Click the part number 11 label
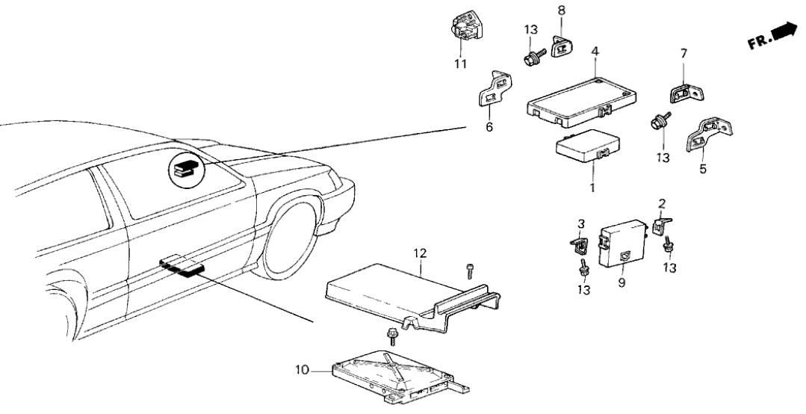(462, 64)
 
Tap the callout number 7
(683, 53)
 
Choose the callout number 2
(662, 203)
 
